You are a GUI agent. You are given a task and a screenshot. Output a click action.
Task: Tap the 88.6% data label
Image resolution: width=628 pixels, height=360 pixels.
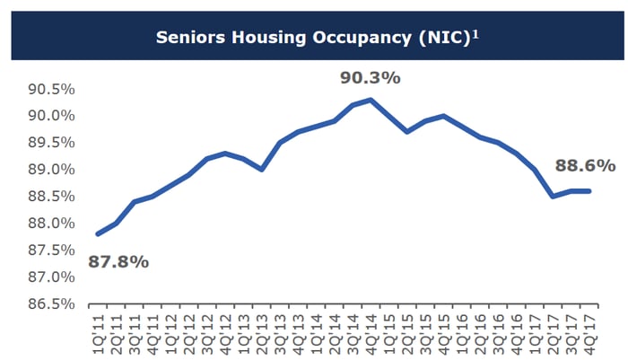[x=586, y=165]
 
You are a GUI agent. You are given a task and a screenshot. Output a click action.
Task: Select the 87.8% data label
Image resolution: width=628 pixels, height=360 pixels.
[x=118, y=262]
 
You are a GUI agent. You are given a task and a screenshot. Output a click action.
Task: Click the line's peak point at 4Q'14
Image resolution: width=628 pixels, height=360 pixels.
[x=371, y=100]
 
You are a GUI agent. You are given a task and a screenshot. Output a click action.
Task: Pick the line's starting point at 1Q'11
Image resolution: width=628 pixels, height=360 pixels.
[x=97, y=233]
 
